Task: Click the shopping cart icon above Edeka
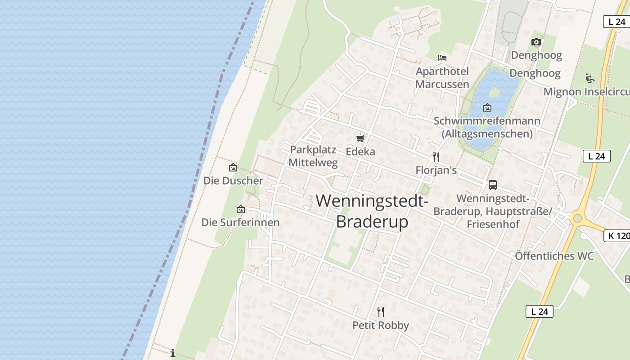click(360, 138)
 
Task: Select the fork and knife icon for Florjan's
click(436, 157)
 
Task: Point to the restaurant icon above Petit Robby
click(381, 311)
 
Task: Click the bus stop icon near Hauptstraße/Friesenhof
click(493, 184)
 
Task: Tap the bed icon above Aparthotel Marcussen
click(442, 58)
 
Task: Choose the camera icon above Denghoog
click(536, 42)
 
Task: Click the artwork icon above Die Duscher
click(233, 167)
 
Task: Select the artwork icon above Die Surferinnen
click(241, 209)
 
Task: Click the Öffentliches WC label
click(554, 256)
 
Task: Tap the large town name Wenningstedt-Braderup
click(372, 211)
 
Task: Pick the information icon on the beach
click(173, 352)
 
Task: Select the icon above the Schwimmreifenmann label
click(487, 108)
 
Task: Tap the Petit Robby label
click(381, 325)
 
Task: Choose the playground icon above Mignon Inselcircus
click(590, 78)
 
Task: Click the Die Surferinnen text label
click(240, 222)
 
